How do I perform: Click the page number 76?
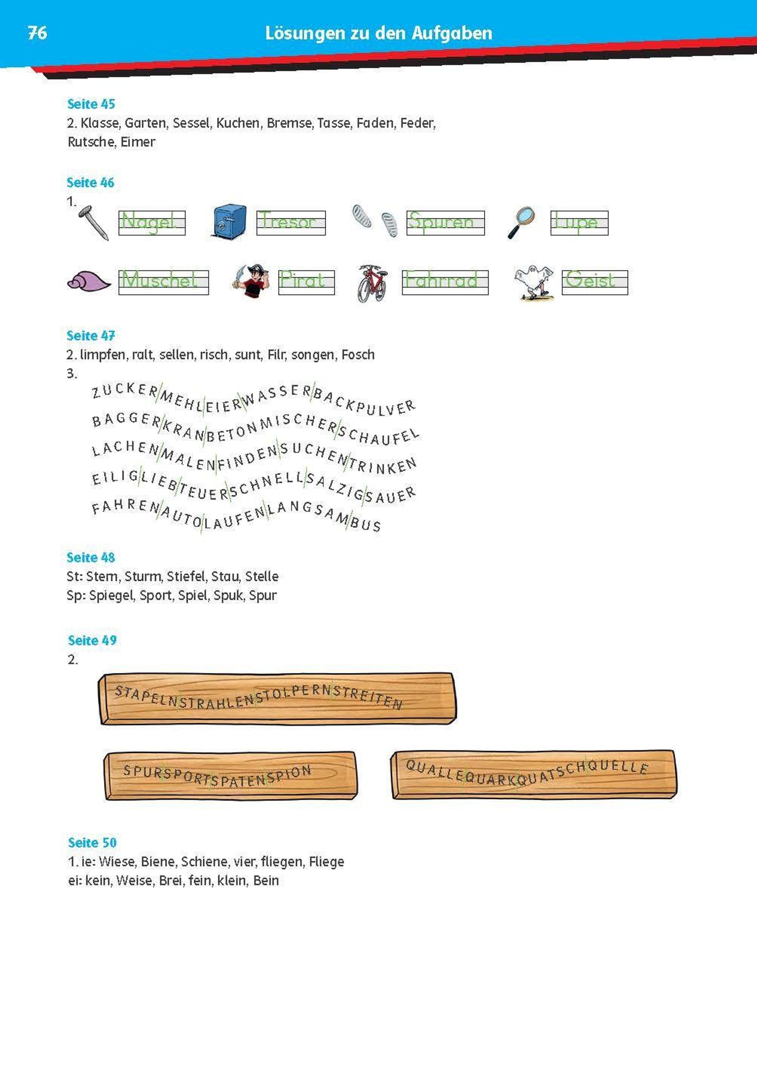point(37,33)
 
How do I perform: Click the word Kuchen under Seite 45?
point(238,123)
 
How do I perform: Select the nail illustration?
point(93,223)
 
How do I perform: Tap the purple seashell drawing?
point(89,281)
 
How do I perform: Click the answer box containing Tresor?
point(291,223)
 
